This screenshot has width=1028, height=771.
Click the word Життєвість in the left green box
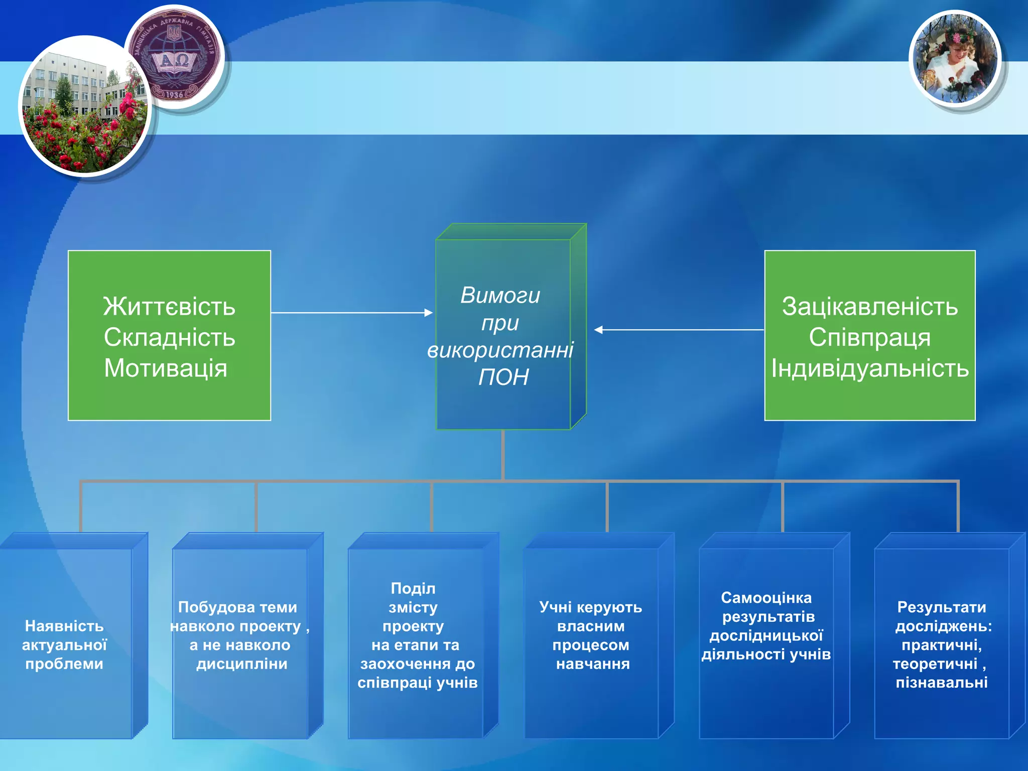tap(169, 306)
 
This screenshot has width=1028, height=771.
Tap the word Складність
tap(169, 337)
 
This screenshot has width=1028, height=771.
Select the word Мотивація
tap(166, 368)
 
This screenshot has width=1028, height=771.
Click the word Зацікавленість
tap(870, 306)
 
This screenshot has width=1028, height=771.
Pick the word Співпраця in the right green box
tap(869, 337)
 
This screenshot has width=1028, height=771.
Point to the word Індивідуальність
tap(870, 368)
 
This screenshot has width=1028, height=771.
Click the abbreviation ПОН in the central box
tap(503, 377)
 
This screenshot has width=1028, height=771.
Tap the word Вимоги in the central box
tap(500, 295)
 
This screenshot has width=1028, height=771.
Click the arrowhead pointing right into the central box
tap(428, 313)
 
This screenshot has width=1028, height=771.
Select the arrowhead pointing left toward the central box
tap(599, 330)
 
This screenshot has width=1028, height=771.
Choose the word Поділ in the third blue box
tap(413, 588)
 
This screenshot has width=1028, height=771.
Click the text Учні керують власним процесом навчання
tap(591, 635)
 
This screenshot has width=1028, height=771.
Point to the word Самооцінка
tap(766, 598)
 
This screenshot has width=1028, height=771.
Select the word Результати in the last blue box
tap(941, 607)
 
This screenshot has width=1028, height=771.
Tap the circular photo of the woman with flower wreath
tap(955, 59)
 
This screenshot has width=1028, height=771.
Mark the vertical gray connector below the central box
tap(502, 454)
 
